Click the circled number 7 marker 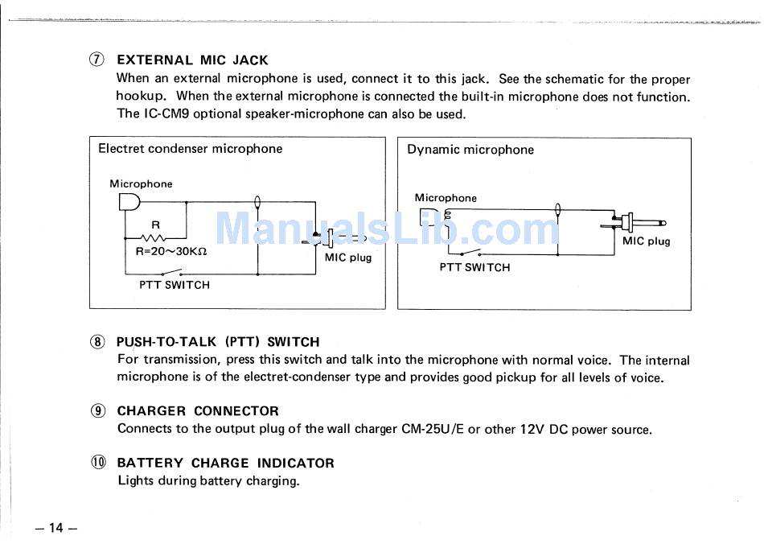click(x=97, y=60)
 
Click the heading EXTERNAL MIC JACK click(x=192, y=60)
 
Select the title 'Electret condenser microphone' click(x=191, y=149)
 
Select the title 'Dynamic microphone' click(x=470, y=150)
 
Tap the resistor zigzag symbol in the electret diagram click(x=153, y=237)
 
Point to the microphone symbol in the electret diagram click(x=129, y=202)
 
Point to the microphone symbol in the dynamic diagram click(x=426, y=216)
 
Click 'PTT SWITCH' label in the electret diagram click(x=175, y=285)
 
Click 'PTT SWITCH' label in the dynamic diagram click(x=474, y=268)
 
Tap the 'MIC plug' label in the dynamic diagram click(x=647, y=241)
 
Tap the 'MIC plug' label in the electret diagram click(x=348, y=258)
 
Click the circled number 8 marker click(x=97, y=342)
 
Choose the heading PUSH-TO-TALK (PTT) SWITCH click(x=218, y=342)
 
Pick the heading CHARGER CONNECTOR click(x=198, y=411)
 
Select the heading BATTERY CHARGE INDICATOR click(x=225, y=464)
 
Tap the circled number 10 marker click(x=97, y=463)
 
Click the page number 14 click(x=55, y=528)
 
